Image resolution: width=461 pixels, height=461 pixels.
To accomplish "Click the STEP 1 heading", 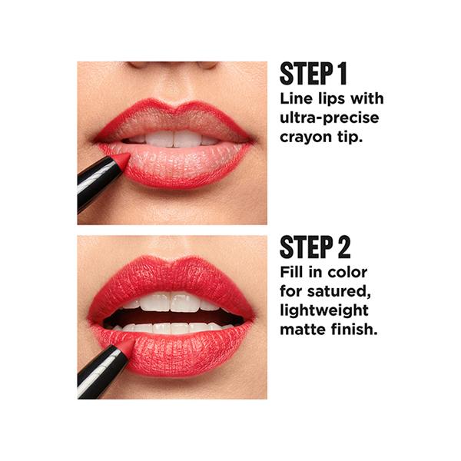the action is coord(313,74).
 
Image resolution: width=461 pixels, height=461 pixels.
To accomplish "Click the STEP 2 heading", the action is coord(315,247).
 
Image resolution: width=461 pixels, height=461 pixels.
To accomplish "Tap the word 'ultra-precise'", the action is coord(330,118).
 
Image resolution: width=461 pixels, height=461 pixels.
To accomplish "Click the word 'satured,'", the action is coord(339,292).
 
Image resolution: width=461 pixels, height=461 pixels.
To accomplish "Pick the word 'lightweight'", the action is coord(324,310).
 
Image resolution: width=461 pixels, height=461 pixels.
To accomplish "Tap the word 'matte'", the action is coord(303,330).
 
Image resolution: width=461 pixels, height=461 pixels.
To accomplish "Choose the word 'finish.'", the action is coord(354,329).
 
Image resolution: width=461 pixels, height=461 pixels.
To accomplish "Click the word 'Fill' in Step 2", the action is coord(287,272).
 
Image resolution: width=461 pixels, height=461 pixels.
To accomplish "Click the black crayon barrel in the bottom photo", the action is coord(101,372).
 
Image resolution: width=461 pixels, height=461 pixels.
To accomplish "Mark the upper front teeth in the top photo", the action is coord(174,139).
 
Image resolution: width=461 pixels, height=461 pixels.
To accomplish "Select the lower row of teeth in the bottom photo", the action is coord(174,328).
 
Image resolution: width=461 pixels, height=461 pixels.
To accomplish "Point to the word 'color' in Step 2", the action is coord(348,272).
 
